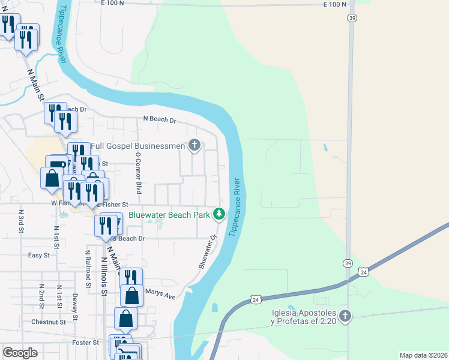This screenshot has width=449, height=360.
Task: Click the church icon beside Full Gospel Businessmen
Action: click(194, 145)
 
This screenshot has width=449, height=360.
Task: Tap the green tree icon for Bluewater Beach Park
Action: click(220, 214)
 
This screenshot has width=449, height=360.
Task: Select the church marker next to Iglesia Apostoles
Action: click(345, 316)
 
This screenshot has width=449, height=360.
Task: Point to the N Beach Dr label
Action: click(160, 119)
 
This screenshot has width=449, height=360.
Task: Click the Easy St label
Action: click(39, 255)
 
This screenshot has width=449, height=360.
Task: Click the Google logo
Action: click(20, 353)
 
